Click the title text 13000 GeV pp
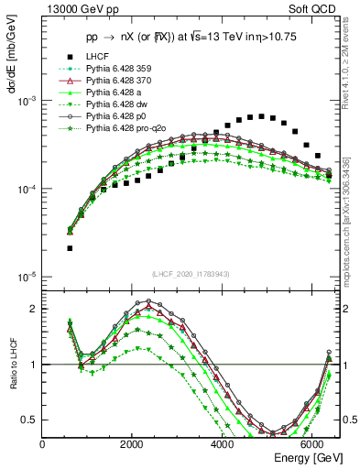[x=71, y=10]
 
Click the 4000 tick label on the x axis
[x=223, y=443]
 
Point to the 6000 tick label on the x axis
[x=313, y=443]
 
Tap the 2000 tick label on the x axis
[x=133, y=443]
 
